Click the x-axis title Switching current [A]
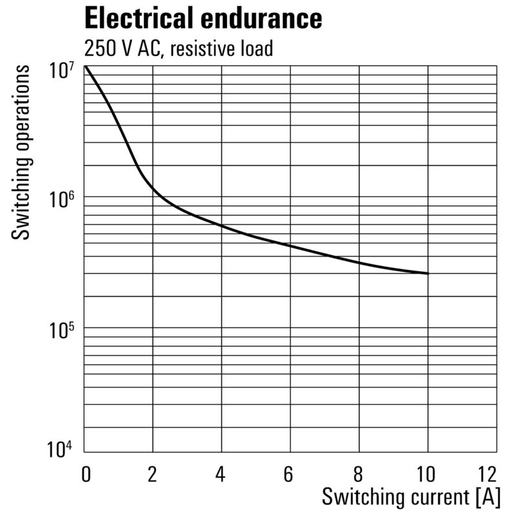point(411,497)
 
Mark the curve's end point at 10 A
point(428,273)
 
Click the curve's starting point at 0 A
point(85,66)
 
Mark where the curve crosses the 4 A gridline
point(222,225)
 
